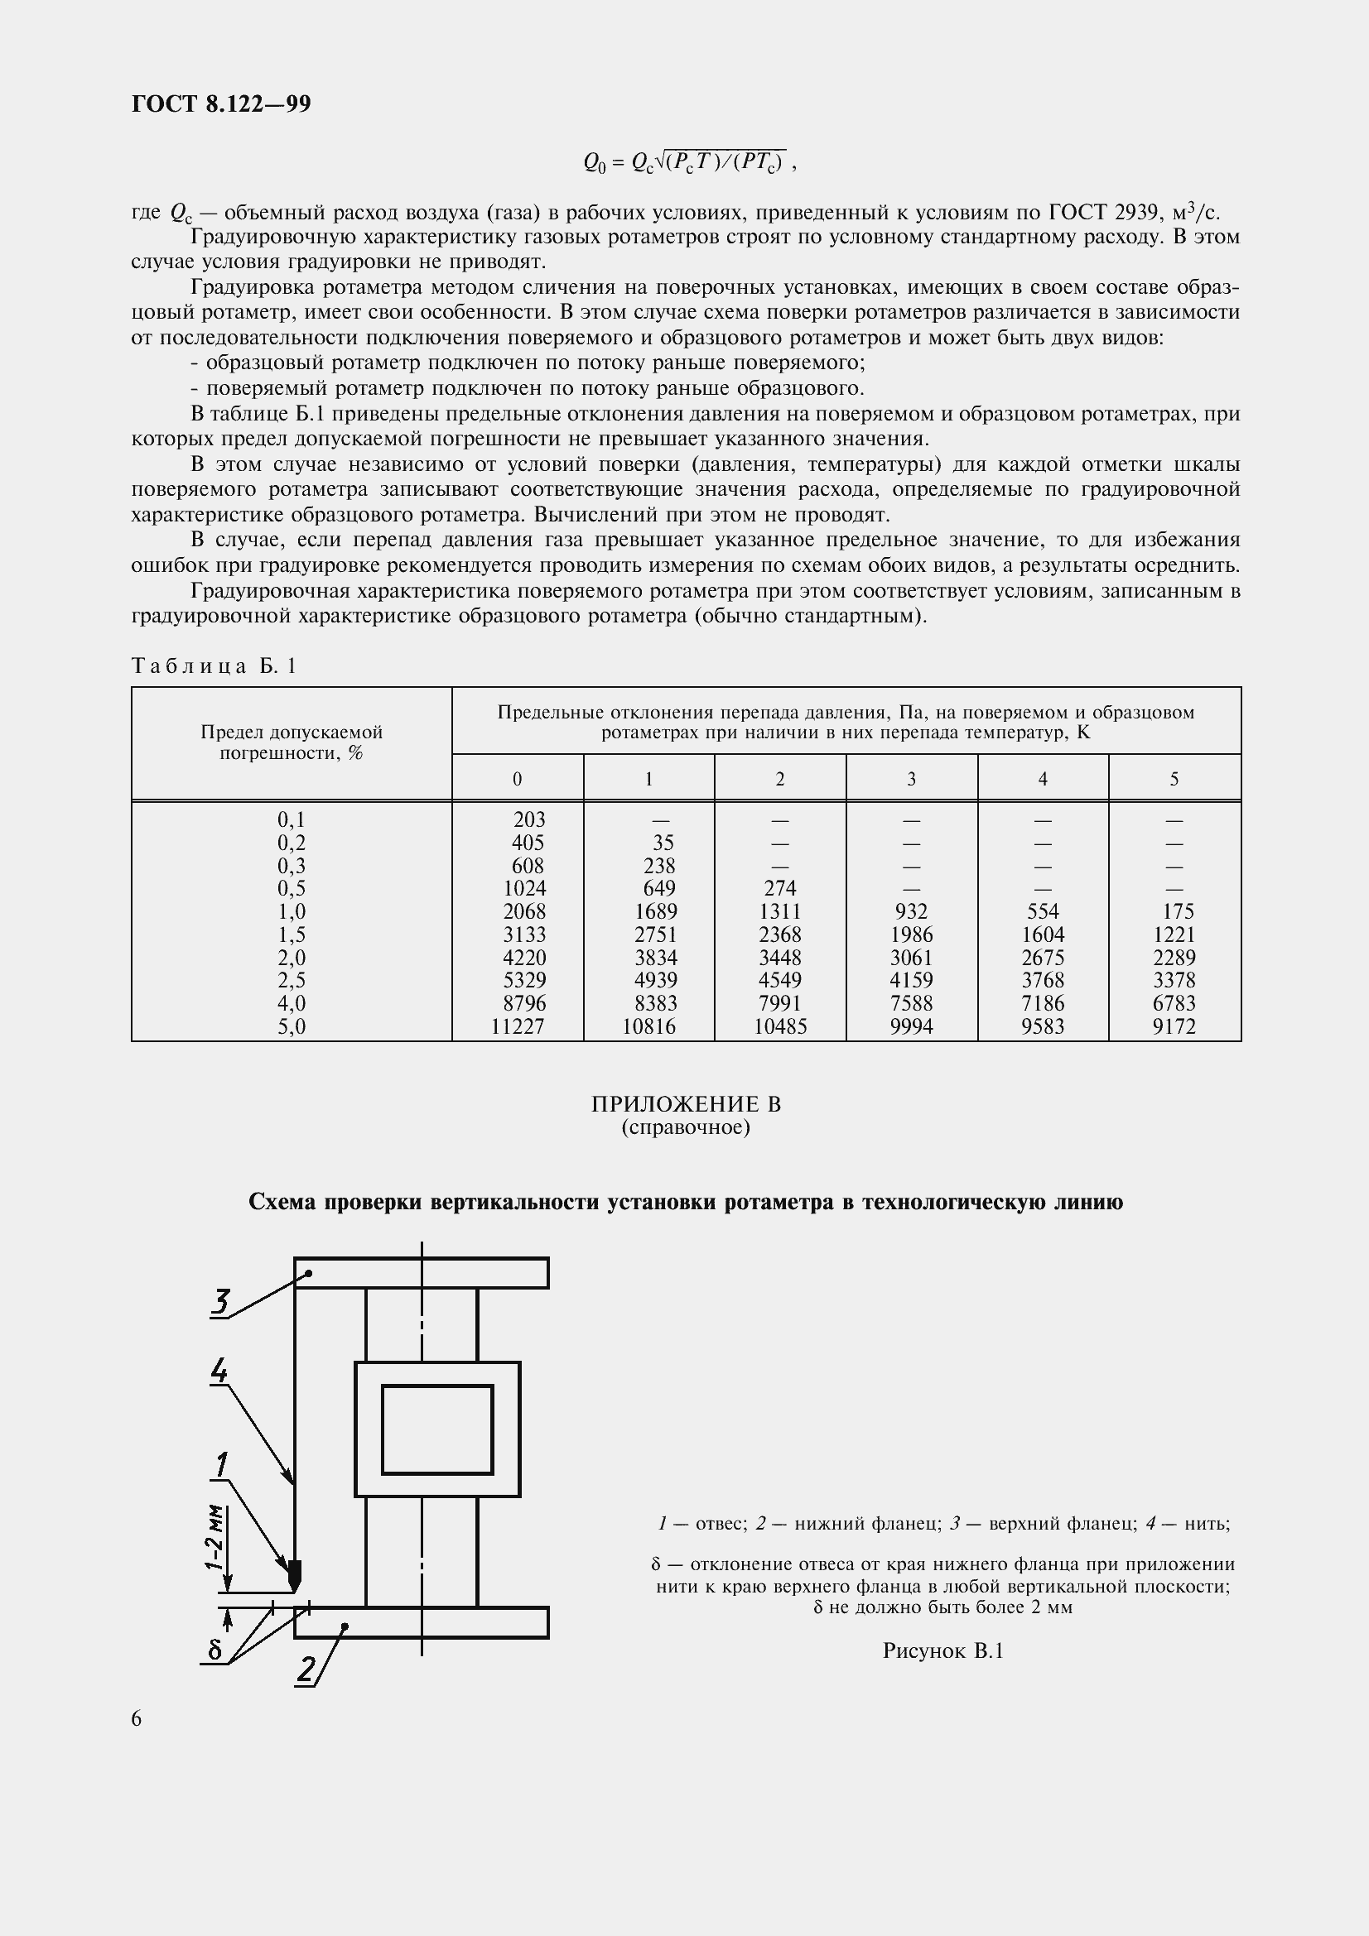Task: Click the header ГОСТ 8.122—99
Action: [221, 103]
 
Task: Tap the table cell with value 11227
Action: [517, 1026]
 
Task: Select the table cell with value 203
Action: [529, 819]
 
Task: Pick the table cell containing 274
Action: [779, 888]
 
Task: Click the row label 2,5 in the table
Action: [291, 980]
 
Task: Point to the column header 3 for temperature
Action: [911, 779]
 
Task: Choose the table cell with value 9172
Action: [1174, 1026]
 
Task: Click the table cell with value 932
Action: [911, 911]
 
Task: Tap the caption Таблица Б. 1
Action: [215, 666]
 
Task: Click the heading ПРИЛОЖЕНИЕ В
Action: [686, 1104]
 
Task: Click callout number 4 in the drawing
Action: [219, 1370]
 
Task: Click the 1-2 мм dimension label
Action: [215, 1537]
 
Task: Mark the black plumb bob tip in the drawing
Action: [294, 1573]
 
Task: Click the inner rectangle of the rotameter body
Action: [437, 1429]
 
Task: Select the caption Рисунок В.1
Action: [942, 1651]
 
